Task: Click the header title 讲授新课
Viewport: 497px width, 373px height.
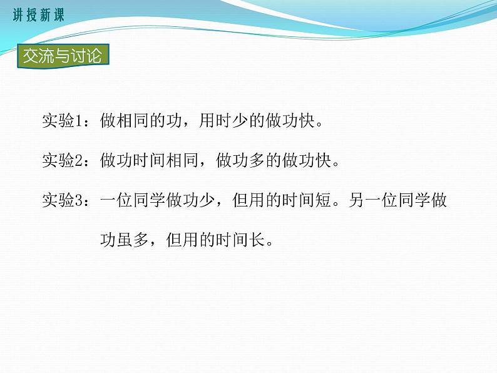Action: [x=38, y=16]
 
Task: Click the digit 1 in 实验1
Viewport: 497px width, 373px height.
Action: [x=88, y=121]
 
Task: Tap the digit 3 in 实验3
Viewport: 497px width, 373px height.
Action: [x=88, y=202]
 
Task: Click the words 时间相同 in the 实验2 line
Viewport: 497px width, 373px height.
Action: [x=165, y=161]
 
